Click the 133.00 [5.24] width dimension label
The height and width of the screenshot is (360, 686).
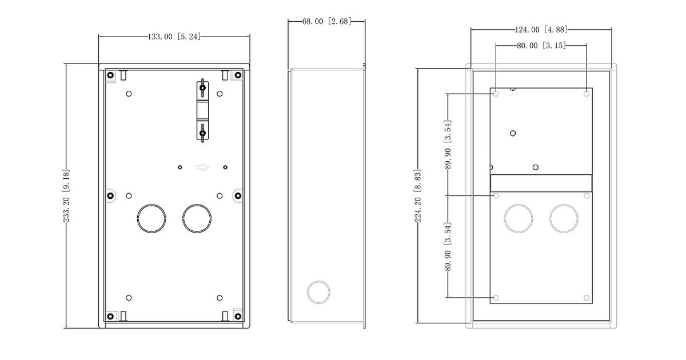[174, 37]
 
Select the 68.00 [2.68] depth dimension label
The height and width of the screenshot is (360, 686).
[326, 22]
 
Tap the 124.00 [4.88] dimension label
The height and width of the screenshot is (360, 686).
[541, 30]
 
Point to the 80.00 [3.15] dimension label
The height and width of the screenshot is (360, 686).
[541, 46]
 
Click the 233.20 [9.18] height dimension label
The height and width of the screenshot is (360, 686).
[66, 195]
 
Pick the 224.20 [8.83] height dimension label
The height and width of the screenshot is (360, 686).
[418, 195]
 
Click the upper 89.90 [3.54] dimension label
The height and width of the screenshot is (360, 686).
[448, 145]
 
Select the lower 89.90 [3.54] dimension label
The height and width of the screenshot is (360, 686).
[448, 247]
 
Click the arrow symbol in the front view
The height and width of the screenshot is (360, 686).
[202, 167]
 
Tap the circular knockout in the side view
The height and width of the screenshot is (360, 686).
[318, 293]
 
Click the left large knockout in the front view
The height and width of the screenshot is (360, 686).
[151, 218]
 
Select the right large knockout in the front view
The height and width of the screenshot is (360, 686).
[197, 218]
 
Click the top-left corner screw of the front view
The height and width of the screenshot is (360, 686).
[110, 75]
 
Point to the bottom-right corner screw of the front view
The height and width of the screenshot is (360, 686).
[238, 316]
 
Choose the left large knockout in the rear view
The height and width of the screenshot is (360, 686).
[519, 218]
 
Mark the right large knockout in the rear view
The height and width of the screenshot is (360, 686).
[564, 218]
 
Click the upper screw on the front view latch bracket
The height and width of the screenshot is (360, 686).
[202, 88]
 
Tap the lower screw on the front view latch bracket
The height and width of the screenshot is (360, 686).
[202, 133]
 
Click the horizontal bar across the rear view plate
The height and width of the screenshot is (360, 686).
[541, 183]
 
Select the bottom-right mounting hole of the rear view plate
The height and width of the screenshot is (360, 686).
[587, 298]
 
